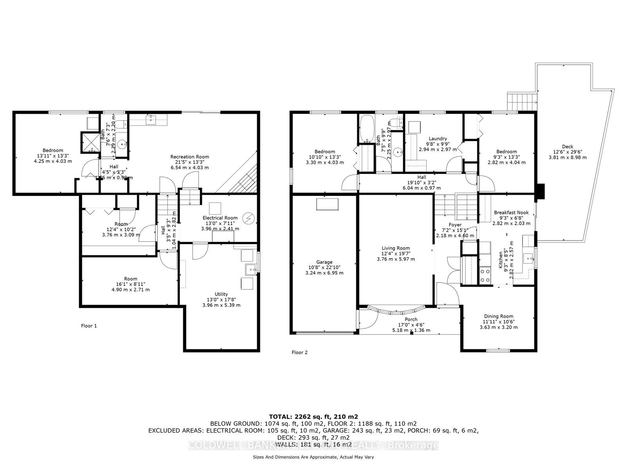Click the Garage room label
(324, 262)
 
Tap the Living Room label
(396, 248)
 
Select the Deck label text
(567, 146)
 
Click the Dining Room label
(498, 316)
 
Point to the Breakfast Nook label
(511, 212)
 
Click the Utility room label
(221, 294)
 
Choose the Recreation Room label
(189, 157)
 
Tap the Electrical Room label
(220, 218)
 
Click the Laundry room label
(438, 139)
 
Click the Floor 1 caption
(89, 325)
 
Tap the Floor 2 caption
(299, 352)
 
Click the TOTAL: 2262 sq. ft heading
(313, 417)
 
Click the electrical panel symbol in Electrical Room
(248, 217)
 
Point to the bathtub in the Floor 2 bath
(367, 128)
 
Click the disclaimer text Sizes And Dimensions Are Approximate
(313, 457)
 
